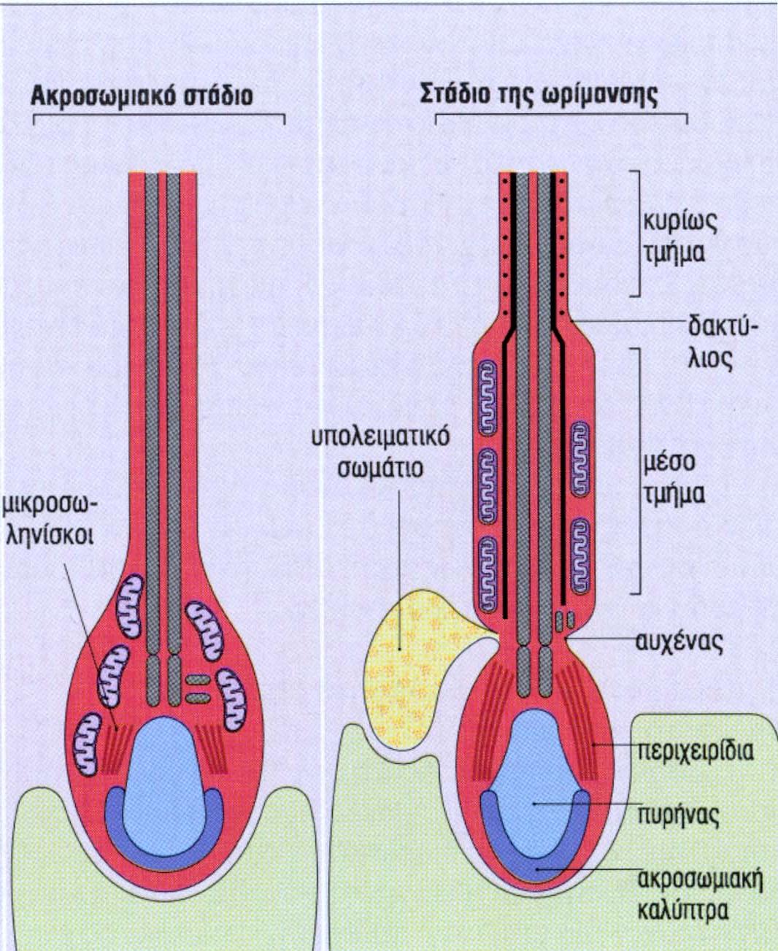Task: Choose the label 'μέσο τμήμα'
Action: (x=674, y=478)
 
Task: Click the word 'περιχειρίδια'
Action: (x=694, y=750)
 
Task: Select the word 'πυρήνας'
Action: (x=678, y=814)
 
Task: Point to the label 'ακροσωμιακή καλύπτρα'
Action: (x=700, y=893)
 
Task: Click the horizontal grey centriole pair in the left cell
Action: (x=198, y=689)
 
